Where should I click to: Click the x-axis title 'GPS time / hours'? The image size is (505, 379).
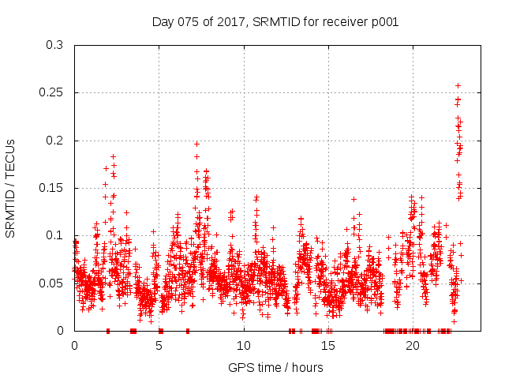click(x=275, y=367)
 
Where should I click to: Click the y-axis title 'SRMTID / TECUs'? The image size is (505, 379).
click(x=11, y=188)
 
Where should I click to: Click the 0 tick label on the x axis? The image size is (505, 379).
click(x=74, y=345)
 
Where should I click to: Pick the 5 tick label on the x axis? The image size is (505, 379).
click(x=159, y=345)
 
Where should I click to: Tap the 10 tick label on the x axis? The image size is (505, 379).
click(x=243, y=345)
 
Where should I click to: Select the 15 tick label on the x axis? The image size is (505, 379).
click(x=328, y=345)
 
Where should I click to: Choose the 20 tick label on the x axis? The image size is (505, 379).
click(x=413, y=345)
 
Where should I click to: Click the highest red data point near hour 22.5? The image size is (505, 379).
click(x=458, y=85)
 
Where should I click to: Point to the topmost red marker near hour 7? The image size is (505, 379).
click(x=197, y=144)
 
